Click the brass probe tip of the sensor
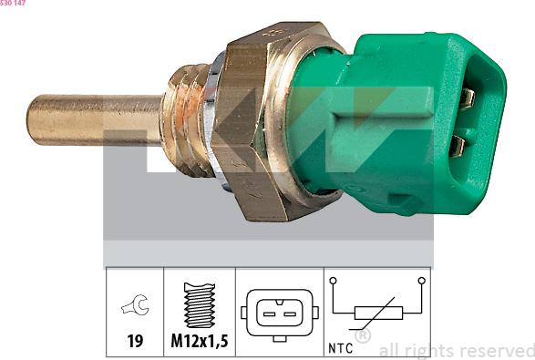click(x=94, y=120)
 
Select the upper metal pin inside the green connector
click(x=466, y=98)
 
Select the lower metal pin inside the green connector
click(x=458, y=146)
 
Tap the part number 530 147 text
click(x=13, y=3)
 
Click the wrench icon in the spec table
click(x=135, y=304)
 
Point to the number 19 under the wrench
click(x=135, y=341)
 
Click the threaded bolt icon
click(x=200, y=304)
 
